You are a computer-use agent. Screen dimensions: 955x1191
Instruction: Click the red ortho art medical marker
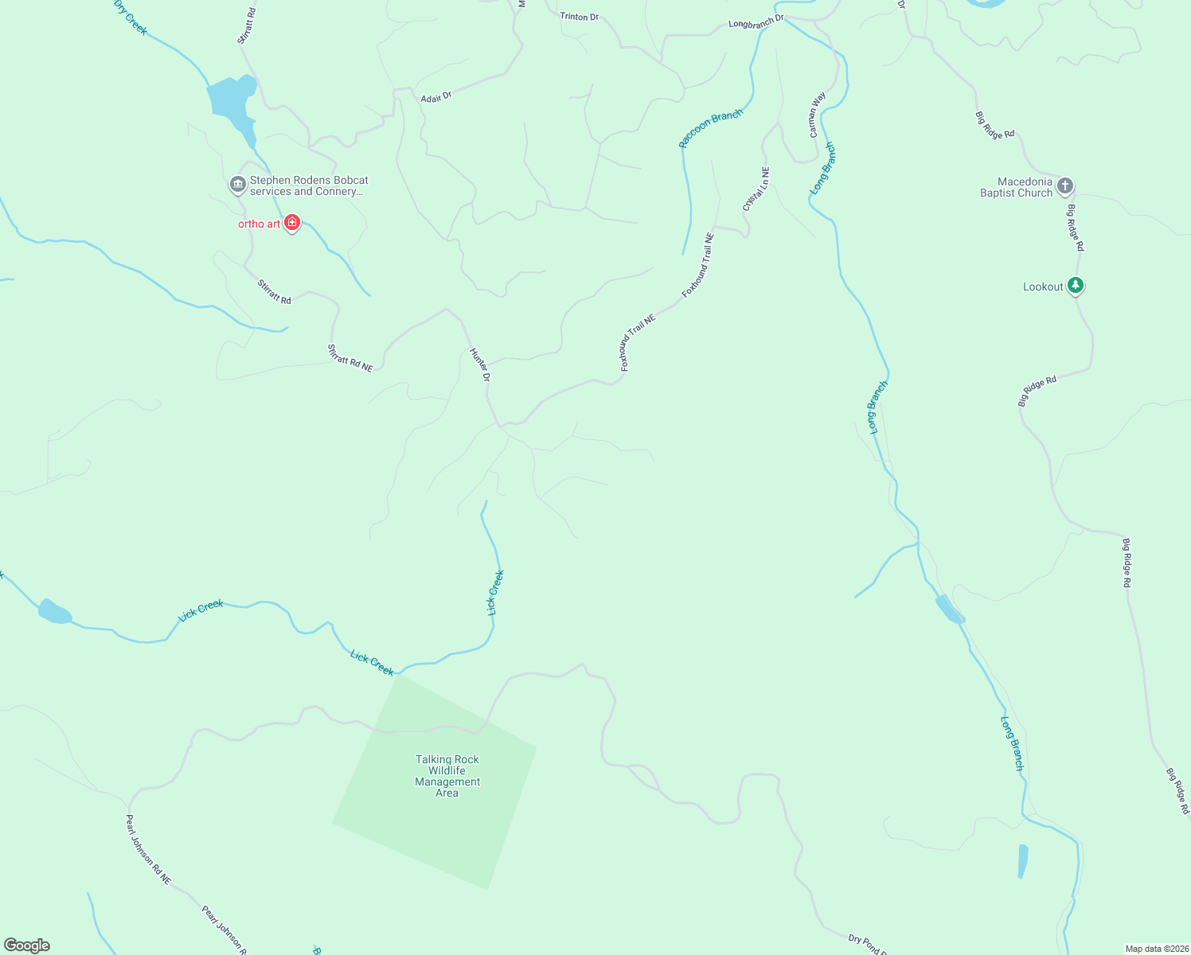coord(292,223)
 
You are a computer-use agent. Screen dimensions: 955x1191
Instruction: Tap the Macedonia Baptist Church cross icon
coord(1065,186)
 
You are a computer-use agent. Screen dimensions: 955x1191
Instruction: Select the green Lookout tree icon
coord(1076,286)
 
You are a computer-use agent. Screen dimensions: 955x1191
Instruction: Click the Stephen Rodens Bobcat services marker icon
coord(237,185)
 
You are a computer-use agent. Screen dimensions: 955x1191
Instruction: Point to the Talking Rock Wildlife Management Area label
coord(447,776)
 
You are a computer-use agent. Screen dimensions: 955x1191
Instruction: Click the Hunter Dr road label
coord(479,364)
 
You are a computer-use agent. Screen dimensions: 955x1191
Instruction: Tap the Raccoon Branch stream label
coord(710,128)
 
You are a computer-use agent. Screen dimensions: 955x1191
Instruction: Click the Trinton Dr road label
coord(579,17)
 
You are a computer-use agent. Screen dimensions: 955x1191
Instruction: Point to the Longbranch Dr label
coord(756,21)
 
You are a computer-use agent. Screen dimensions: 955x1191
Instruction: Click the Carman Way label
coord(818,115)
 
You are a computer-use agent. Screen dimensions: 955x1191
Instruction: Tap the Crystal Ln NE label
coord(756,189)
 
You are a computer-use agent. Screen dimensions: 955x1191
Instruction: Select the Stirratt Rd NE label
coord(350,357)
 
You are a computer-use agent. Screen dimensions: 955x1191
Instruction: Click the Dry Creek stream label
coord(131,18)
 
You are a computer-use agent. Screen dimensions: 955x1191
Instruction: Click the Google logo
coord(27,945)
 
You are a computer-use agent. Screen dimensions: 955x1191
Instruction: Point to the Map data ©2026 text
coord(1155,949)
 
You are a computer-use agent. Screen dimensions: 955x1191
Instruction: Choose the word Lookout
coord(1042,286)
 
